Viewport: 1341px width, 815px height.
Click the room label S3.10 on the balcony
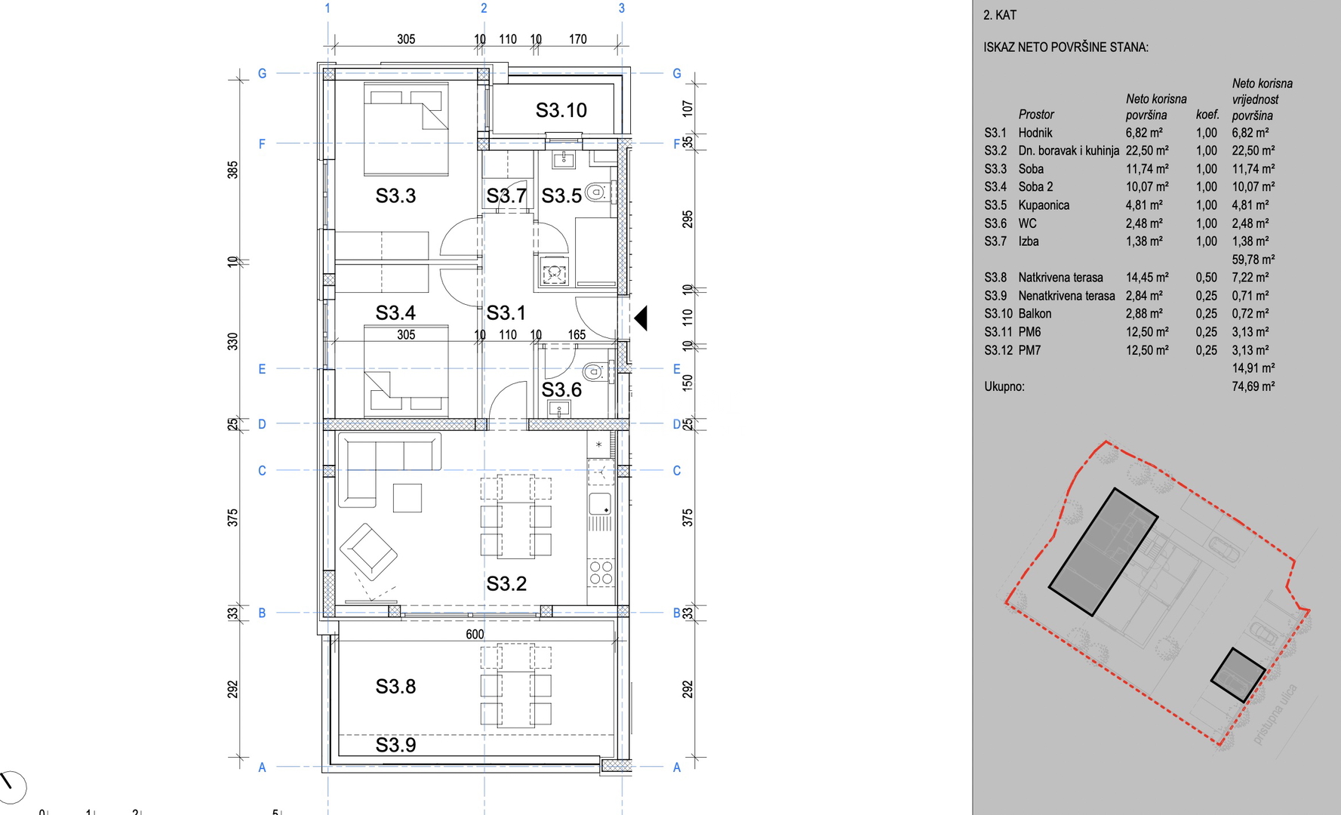[561, 110]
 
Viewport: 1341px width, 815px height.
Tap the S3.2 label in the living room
[506, 583]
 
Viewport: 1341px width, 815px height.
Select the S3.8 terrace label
[395, 686]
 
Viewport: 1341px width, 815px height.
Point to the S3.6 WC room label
[561, 389]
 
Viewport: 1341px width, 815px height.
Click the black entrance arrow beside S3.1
[641, 318]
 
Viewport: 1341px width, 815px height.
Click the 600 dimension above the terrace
[475, 635]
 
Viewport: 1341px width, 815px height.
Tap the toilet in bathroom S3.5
[597, 192]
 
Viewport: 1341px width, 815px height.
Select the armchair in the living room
[368, 552]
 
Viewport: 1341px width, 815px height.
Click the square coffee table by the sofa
[408, 498]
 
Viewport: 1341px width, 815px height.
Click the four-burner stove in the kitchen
[601, 573]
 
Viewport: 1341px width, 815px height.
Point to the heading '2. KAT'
[1000, 15]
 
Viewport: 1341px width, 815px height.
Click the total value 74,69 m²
[1253, 386]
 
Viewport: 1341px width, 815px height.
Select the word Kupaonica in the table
[1044, 205]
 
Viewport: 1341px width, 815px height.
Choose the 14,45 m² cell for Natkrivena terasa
[1147, 278]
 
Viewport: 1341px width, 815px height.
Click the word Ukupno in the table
[1004, 386]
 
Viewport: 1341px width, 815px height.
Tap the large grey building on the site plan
[1103, 552]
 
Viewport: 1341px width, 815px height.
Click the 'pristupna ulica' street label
[1275, 714]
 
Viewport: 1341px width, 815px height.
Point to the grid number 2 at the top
[484, 8]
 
